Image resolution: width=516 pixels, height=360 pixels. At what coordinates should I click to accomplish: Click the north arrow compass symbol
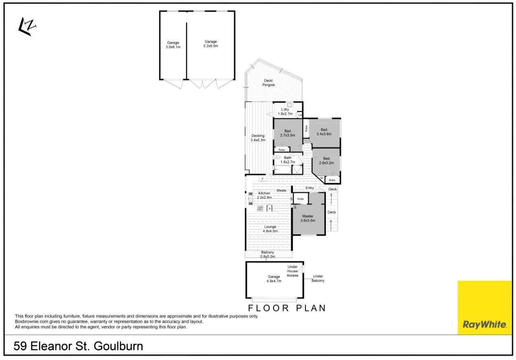click(x=27, y=27)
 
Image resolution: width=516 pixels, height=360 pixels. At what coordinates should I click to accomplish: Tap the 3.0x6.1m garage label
click(x=173, y=45)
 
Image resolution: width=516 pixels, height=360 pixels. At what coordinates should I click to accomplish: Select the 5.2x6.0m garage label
click(x=211, y=44)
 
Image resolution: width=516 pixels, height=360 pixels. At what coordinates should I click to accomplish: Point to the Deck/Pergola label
click(x=268, y=83)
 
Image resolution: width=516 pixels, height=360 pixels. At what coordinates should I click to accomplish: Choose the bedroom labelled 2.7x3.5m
click(x=288, y=133)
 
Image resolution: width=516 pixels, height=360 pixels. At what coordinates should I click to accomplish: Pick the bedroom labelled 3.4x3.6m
click(x=324, y=132)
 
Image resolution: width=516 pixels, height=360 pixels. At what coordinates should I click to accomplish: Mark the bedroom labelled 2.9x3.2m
click(x=326, y=160)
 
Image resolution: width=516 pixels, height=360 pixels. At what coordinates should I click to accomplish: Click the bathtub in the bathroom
click(x=282, y=169)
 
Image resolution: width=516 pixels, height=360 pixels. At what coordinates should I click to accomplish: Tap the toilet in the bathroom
click(x=279, y=157)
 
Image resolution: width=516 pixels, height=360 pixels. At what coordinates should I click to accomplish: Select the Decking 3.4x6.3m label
click(x=258, y=138)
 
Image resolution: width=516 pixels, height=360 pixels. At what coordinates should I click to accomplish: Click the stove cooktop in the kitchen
click(x=259, y=209)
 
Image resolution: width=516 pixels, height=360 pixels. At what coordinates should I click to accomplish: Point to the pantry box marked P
click(x=269, y=209)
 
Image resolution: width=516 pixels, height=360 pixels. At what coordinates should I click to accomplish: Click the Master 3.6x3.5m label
click(x=307, y=218)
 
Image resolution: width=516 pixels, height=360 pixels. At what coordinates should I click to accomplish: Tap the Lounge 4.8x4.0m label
click(x=270, y=229)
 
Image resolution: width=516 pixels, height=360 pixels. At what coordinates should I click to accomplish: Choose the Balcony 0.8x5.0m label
click(x=268, y=255)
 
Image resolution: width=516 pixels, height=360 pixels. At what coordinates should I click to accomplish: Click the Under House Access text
click(x=292, y=271)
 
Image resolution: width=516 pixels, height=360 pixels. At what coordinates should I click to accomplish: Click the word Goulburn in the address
click(x=119, y=347)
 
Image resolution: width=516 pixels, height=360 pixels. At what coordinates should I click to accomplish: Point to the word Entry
click(x=310, y=188)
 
